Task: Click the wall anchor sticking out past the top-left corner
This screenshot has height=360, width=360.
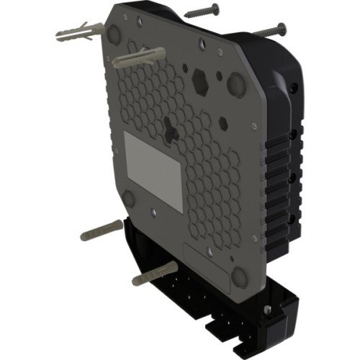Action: [x=71, y=32]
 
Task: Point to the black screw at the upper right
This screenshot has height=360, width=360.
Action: [x=270, y=30]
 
